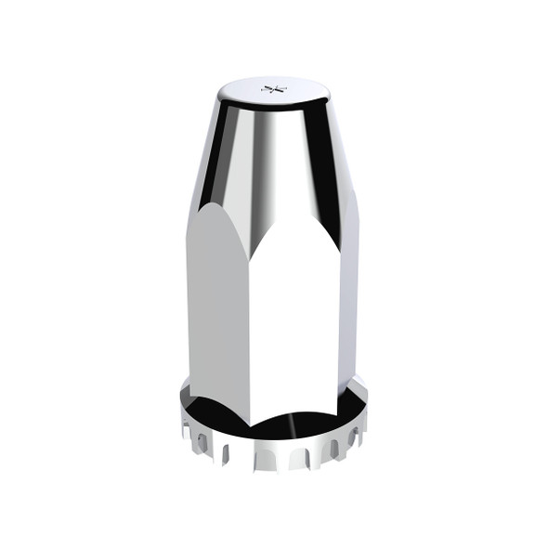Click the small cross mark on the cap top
pyautogui.click(x=273, y=89)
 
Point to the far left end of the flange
pyautogui.click(x=177, y=409)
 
